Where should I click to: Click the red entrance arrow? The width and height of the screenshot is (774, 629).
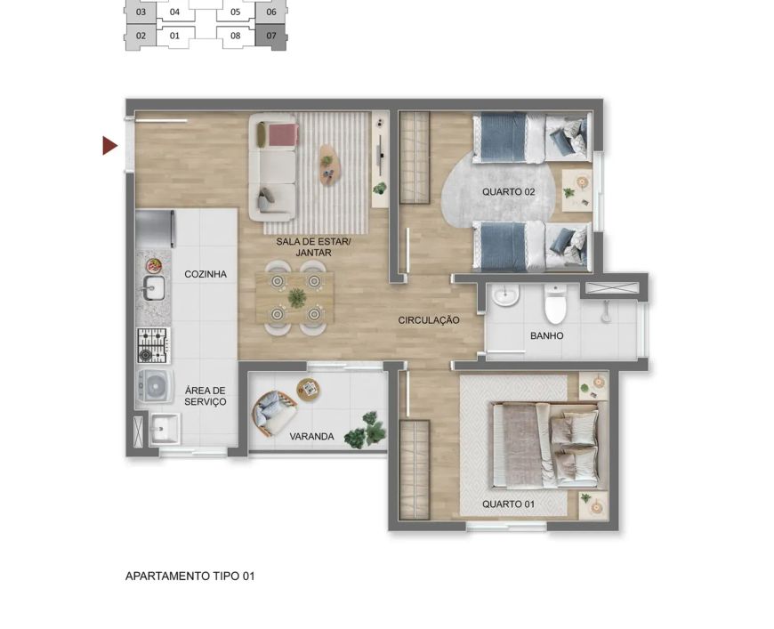[x=109, y=146]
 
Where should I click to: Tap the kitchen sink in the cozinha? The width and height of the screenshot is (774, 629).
[x=154, y=287]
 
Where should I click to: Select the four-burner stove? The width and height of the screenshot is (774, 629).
[x=154, y=345]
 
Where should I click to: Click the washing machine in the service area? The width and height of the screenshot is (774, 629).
[x=155, y=386]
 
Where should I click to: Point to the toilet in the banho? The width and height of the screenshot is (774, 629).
[x=555, y=303]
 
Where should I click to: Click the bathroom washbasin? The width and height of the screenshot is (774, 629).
[x=505, y=295]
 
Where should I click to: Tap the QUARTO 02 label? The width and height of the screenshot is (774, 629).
[x=508, y=191]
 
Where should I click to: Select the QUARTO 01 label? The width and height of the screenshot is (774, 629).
[x=508, y=504]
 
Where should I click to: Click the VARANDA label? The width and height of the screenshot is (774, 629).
[x=311, y=437]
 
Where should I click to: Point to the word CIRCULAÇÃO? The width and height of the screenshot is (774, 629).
[x=429, y=320]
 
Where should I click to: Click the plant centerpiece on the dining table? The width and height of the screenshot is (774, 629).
[x=296, y=298]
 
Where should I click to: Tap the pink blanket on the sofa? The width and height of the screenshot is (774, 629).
[x=283, y=135]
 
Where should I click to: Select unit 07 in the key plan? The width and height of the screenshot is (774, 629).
[x=271, y=36]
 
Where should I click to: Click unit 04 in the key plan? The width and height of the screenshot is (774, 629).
[x=174, y=12]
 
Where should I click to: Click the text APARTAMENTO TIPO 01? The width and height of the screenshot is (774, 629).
[x=190, y=577]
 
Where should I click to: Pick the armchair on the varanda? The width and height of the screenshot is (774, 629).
[x=273, y=413]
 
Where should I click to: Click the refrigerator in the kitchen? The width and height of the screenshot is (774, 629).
[x=155, y=229]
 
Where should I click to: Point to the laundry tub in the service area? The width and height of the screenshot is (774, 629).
[x=165, y=429]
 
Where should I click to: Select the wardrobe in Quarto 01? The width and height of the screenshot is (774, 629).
[x=415, y=470]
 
